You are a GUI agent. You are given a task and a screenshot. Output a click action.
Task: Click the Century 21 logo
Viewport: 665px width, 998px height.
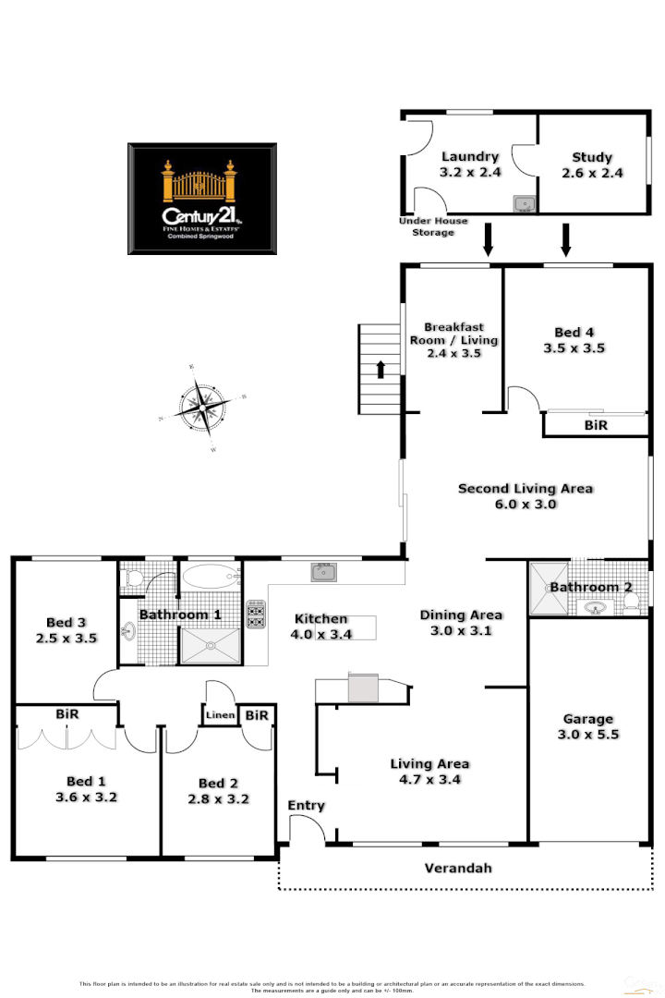[x=201, y=199]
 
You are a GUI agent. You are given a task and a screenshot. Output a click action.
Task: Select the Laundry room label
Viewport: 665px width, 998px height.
[x=469, y=157]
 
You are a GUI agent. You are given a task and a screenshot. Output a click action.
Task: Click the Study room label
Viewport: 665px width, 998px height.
[x=592, y=158]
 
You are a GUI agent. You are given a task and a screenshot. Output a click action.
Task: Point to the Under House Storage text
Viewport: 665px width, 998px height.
[x=433, y=226]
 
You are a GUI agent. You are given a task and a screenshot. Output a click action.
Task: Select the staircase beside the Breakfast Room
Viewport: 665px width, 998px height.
[x=376, y=369]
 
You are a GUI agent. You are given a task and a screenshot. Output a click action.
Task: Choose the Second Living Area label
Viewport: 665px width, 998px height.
[x=526, y=489]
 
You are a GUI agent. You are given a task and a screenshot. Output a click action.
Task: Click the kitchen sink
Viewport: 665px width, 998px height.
[x=323, y=572]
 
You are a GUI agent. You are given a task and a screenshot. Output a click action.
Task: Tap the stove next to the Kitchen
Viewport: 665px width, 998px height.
[x=256, y=615]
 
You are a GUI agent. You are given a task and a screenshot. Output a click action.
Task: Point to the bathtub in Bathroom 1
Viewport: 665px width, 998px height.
[x=210, y=578]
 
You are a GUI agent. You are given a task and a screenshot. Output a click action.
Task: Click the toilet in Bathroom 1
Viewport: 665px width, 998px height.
[x=131, y=579]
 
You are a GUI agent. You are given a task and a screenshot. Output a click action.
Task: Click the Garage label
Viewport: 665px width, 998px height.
[x=588, y=719]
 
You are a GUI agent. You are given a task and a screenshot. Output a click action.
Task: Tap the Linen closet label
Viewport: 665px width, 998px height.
[x=220, y=715]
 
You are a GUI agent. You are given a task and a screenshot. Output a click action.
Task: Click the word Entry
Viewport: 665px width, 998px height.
[x=306, y=806]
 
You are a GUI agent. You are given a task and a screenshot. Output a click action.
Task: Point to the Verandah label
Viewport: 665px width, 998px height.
[x=457, y=869]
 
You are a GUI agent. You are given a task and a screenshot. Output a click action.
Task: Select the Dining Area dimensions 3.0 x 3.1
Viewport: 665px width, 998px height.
[x=461, y=631]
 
